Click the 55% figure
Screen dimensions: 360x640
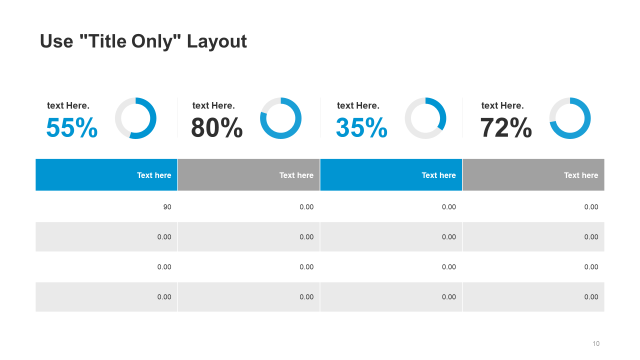[x=72, y=128]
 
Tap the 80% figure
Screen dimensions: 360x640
[x=217, y=128]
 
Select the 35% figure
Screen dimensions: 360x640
[x=361, y=128]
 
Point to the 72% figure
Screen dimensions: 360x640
[x=506, y=128]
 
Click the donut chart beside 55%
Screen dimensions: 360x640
[x=135, y=118]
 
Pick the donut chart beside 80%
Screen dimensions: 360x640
[x=280, y=118]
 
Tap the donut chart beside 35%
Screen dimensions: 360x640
[x=425, y=118]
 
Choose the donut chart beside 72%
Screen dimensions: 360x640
[x=570, y=118]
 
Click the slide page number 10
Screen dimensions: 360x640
[x=595, y=343]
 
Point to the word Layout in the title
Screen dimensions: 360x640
[x=217, y=41]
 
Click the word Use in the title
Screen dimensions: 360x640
[x=56, y=41]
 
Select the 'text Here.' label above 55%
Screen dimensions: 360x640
[x=68, y=105]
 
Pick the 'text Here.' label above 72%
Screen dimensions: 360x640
[x=502, y=105]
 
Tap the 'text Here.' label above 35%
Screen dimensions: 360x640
[x=358, y=105]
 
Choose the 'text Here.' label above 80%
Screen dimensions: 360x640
[x=213, y=105]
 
